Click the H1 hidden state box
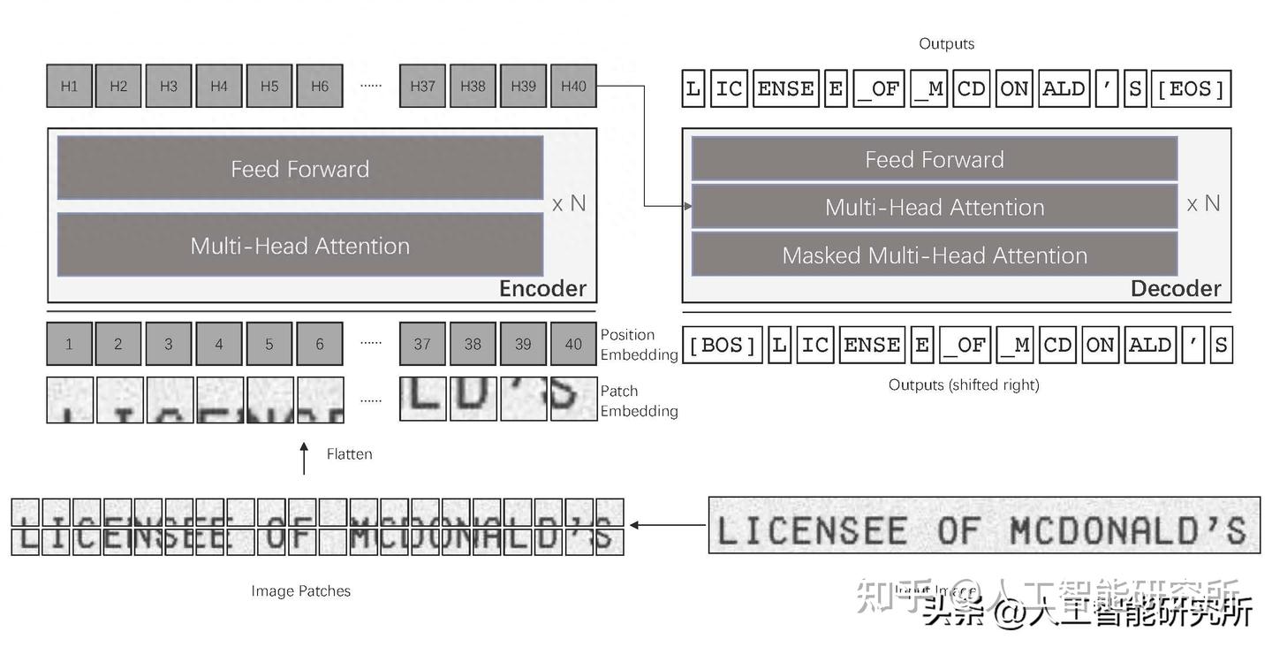click(69, 86)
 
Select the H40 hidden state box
click(573, 86)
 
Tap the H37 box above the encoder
click(422, 86)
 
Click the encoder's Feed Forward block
click(300, 168)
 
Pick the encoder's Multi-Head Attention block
click(300, 245)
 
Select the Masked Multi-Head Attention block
click(934, 255)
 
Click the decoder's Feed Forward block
click(934, 159)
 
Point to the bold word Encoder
click(542, 289)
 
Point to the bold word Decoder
click(1176, 289)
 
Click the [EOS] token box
click(1191, 89)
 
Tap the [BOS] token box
click(722, 345)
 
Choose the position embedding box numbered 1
click(69, 344)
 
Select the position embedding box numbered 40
click(573, 344)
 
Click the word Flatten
click(349, 454)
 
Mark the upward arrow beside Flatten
click(305, 458)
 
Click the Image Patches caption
click(300, 591)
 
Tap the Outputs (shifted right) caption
click(964, 385)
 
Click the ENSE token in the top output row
click(785, 89)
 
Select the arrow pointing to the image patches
click(667, 525)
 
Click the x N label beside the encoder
click(569, 204)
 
